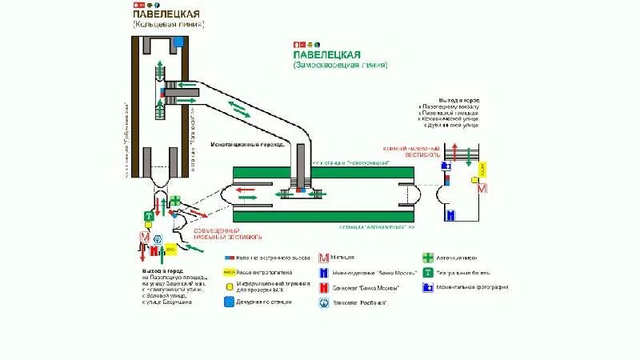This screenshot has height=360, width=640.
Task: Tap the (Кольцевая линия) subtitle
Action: [168, 25]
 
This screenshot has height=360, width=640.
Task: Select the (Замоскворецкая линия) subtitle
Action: [340, 65]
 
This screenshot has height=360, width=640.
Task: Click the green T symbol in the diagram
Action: [148, 216]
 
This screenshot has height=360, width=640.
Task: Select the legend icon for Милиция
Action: [324, 258]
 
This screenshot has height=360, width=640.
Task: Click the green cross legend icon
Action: [428, 258]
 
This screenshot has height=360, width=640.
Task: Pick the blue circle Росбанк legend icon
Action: [324, 302]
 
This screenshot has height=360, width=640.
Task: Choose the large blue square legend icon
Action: [229, 302]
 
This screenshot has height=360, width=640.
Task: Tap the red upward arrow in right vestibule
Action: [454, 153]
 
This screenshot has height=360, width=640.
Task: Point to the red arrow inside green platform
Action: [246, 190]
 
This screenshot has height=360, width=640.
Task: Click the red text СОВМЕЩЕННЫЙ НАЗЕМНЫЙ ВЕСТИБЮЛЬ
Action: [228, 234]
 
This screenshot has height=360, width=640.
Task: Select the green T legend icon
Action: [428, 272]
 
